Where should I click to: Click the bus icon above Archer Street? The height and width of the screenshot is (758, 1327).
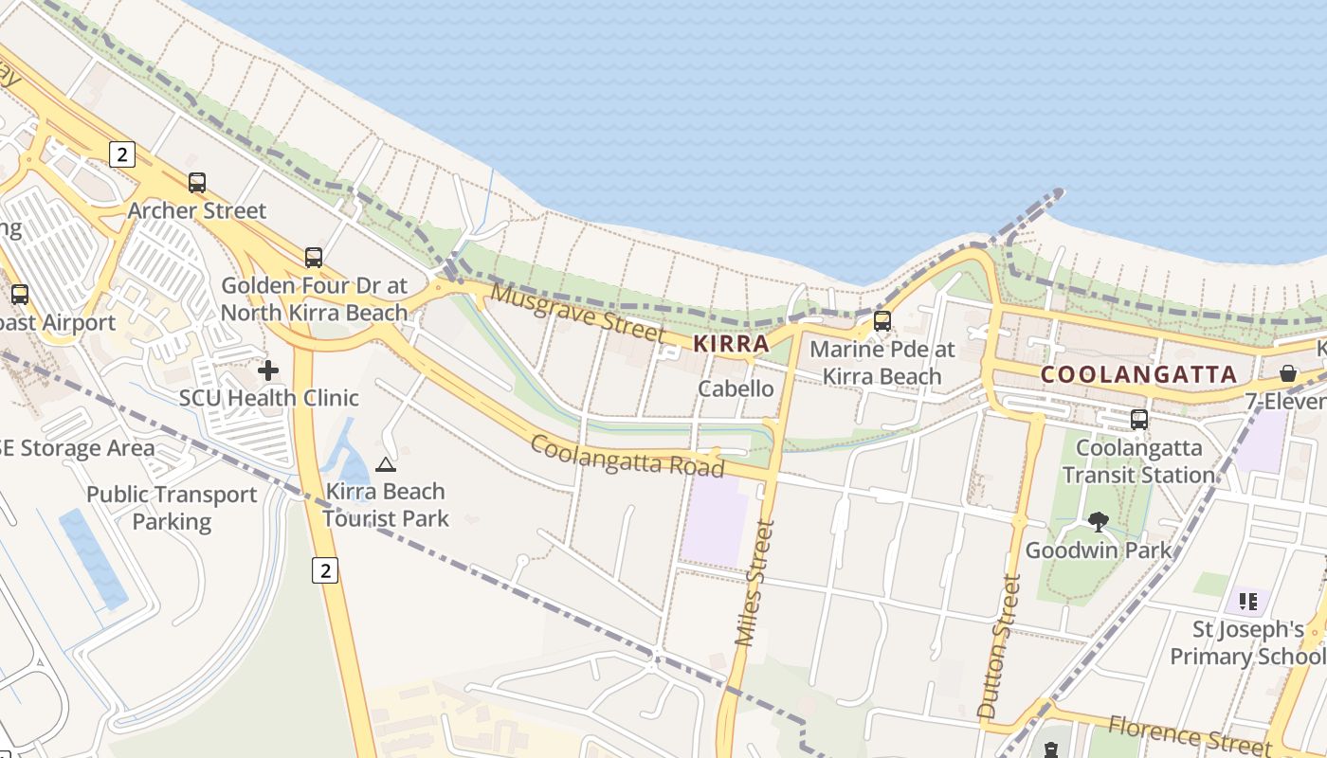pyautogui.click(x=197, y=183)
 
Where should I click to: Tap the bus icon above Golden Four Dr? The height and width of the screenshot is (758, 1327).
pyautogui.click(x=314, y=257)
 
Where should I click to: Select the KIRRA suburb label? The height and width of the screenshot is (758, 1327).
pyautogui.click(x=731, y=343)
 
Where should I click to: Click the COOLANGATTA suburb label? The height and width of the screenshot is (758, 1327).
pyautogui.click(x=1138, y=374)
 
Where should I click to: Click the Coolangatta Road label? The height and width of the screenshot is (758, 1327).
pyautogui.click(x=627, y=455)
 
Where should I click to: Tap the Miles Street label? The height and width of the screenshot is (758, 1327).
pyautogui.click(x=754, y=583)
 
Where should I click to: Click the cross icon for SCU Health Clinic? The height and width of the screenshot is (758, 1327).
pyautogui.click(x=268, y=370)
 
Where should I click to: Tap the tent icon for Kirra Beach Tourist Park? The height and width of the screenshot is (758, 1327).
pyautogui.click(x=385, y=464)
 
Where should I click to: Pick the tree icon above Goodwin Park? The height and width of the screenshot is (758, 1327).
pyautogui.click(x=1099, y=521)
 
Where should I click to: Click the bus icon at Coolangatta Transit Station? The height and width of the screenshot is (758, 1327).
pyautogui.click(x=1139, y=419)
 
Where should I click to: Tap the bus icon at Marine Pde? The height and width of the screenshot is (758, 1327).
pyautogui.click(x=882, y=320)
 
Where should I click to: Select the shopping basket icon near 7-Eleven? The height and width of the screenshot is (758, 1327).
pyautogui.click(x=1288, y=373)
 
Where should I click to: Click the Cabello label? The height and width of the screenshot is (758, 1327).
pyautogui.click(x=736, y=388)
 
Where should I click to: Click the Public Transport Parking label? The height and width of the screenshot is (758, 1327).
pyautogui.click(x=172, y=508)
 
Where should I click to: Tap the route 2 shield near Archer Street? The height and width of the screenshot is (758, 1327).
pyautogui.click(x=121, y=153)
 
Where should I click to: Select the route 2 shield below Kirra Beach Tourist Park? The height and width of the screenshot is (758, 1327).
pyautogui.click(x=325, y=569)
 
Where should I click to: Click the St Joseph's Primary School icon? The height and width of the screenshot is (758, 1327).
pyautogui.click(x=1248, y=601)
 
